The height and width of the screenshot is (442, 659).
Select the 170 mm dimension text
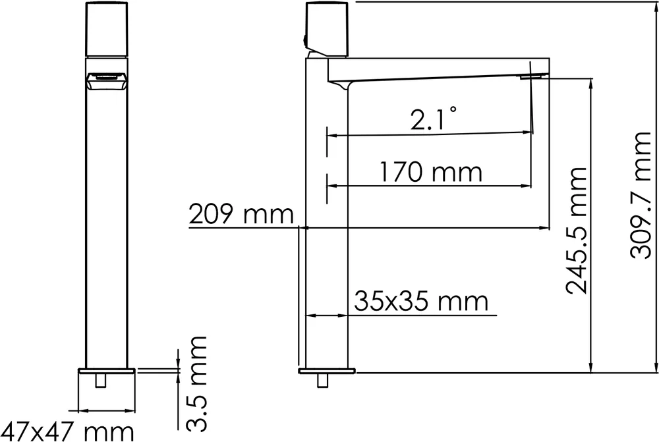click(x=430, y=173)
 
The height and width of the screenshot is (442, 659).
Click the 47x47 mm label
click(x=67, y=431)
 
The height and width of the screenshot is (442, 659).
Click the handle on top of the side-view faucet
click(x=328, y=29)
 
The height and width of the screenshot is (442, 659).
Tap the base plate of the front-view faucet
click(x=107, y=370)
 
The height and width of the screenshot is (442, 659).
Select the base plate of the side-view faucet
click(x=327, y=370)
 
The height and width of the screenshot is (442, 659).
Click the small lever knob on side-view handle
click(x=305, y=40)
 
